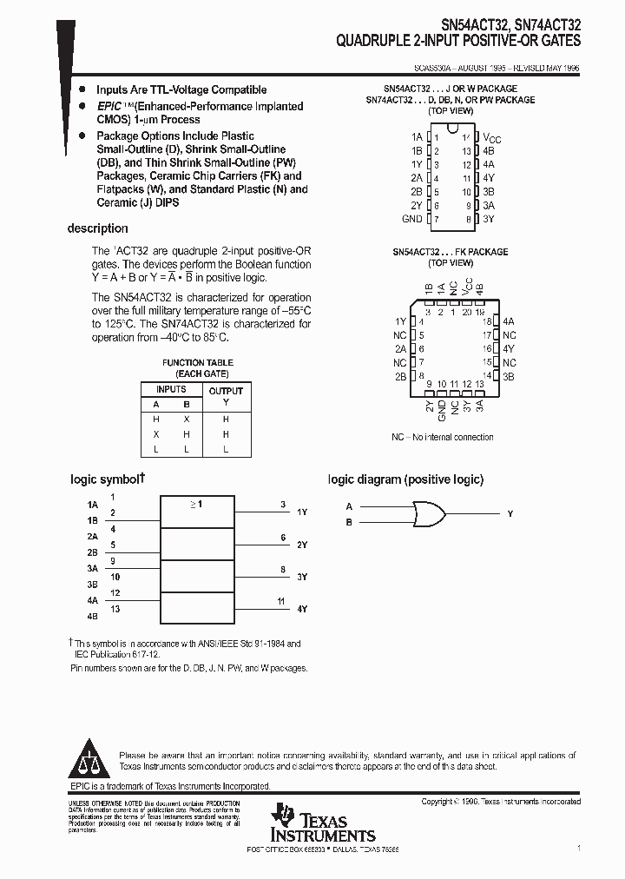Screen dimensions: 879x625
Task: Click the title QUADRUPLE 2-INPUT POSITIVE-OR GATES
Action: click(459, 41)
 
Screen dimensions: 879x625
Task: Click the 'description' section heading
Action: click(97, 228)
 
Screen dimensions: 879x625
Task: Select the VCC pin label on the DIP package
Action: click(492, 138)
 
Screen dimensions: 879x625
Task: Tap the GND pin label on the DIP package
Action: click(412, 219)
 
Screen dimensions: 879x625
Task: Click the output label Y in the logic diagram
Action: click(510, 514)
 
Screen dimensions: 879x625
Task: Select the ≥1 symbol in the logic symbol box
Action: click(196, 504)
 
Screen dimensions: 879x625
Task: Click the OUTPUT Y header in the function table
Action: click(226, 396)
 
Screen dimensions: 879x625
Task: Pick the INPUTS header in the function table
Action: click(171, 389)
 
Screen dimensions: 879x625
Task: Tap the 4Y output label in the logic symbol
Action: click(302, 610)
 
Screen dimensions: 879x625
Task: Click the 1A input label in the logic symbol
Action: click(93, 505)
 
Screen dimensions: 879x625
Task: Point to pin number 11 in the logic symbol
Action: click(280, 600)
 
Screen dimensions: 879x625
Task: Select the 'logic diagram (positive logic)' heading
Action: click(405, 479)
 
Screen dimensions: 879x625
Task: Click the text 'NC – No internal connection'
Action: click(442, 437)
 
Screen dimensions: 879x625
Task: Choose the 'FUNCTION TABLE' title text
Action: click(198, 362)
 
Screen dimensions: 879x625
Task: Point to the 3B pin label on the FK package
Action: click(510, 376)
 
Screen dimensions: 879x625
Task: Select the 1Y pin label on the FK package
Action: click(400, 321)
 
